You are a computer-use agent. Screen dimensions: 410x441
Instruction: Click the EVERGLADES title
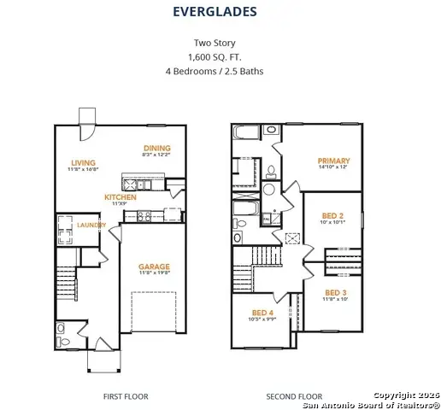(x=215, y=12)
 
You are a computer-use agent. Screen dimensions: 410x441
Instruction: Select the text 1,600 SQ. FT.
(x=215, y=56)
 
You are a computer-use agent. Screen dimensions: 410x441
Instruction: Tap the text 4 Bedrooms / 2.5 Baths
(x=215, y=71)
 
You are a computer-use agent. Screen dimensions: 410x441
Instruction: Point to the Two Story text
(x=215, y=42)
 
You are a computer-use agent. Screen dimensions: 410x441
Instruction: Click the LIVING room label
(x=83, y=162)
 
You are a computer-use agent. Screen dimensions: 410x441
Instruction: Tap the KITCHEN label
(x=121, y=196)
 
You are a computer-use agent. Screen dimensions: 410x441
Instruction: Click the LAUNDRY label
(x=91, y=225)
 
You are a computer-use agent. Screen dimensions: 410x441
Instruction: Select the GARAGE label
(x=155, y=266)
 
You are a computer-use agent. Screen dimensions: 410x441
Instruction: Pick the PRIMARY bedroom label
(x=333, y=161)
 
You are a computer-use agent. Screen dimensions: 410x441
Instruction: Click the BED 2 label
(x=332, y=216)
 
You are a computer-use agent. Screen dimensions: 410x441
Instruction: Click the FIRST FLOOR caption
(x=126, y=396)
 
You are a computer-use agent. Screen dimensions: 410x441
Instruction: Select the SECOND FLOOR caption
(x=294, y=396)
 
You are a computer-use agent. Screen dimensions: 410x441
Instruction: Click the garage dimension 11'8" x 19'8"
(x=155, y=274)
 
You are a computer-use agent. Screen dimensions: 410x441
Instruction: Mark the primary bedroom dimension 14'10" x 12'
(x=333, y=168)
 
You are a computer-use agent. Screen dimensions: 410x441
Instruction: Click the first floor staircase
(x=66, y=282)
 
